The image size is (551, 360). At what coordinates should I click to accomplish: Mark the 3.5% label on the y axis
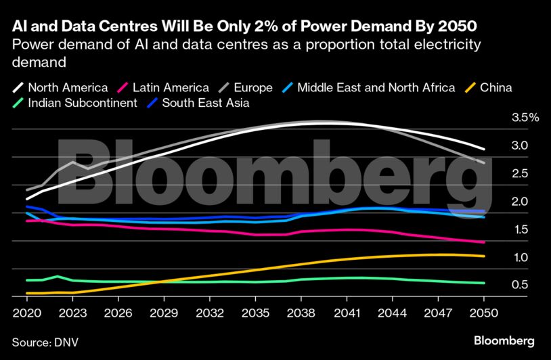[525, 117]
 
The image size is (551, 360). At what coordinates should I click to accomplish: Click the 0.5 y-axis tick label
[520, 285]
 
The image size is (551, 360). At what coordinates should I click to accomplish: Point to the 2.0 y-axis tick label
[520, 201]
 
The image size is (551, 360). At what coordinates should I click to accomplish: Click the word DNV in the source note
[66, 342]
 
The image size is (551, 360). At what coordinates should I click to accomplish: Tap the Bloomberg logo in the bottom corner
[504, 340]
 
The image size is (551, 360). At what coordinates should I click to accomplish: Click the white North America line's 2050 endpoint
[483, 149]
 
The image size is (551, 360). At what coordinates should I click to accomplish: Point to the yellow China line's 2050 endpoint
[483, 256]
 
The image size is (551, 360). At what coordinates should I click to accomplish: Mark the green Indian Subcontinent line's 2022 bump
[57, 276]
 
